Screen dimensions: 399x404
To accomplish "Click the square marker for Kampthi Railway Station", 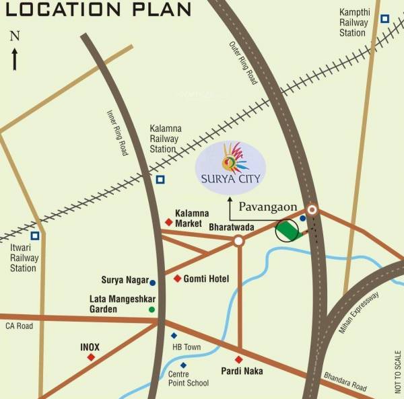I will pyautogui.click(x=384, y=19).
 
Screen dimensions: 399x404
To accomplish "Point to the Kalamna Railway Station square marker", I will pyautogui.click(x=160, y=179).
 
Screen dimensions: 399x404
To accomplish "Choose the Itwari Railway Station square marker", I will pyautogui.click(x=34, y=235).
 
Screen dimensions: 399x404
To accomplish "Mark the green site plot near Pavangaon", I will pyautogui.click(x=288, y=231).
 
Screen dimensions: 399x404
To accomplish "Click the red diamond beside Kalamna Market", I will pyautogui.click(x=168, y=222).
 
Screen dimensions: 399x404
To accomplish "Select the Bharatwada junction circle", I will pyautogui.click(x=238, y=240).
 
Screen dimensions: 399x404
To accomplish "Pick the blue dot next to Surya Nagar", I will pyautogui.click(x=153, y=283).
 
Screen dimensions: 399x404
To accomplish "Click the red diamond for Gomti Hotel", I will pyautogui.click(x=177, y=279).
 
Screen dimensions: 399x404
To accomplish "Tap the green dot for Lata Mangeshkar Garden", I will pyautogui.click(x=151, y=309).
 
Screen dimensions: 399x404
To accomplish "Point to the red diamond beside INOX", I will pyautogui.click(x=91, y=357).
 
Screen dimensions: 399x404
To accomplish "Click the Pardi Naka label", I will pyautogui.click(x=241, y=371).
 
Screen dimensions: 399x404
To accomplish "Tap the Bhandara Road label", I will pyautogui.click(x=345, y=381).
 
